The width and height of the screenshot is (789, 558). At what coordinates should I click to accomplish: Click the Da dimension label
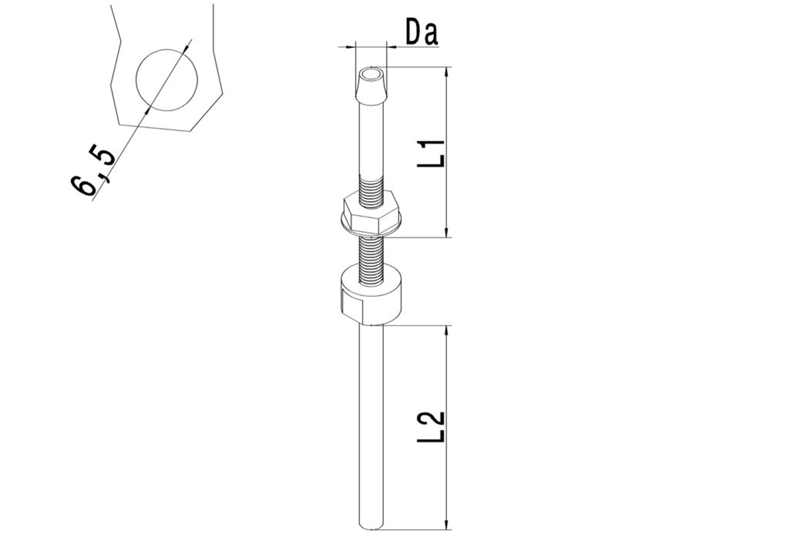pyautogui.click(x=422, y=32)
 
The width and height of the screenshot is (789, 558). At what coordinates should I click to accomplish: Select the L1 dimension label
pyautogui.click(x=430, y=153)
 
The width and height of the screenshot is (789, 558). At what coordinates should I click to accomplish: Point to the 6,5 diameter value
pyautogui.click(x=92, y=169)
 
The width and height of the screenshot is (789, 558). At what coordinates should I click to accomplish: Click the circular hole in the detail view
pyautogui.click(x=167, y=80)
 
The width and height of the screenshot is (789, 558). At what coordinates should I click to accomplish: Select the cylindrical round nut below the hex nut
pyautogui.click(x=371, y=294)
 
